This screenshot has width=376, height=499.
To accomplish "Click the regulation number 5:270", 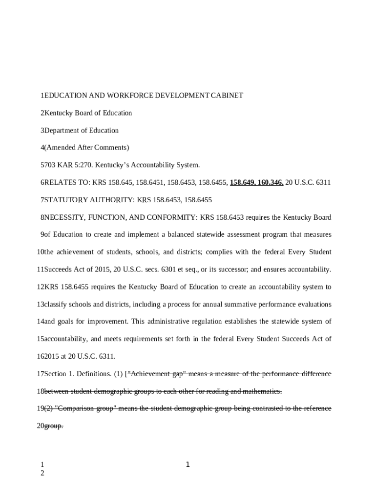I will coord(78,165).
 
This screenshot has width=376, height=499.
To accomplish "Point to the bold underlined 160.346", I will coord(271,183).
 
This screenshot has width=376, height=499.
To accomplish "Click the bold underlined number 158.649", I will coord(243,183).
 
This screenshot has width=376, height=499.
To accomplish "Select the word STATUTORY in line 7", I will coord(64,200).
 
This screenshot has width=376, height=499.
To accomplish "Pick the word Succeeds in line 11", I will coord(58,269).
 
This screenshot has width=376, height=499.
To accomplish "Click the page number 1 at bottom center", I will coord(188,465).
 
